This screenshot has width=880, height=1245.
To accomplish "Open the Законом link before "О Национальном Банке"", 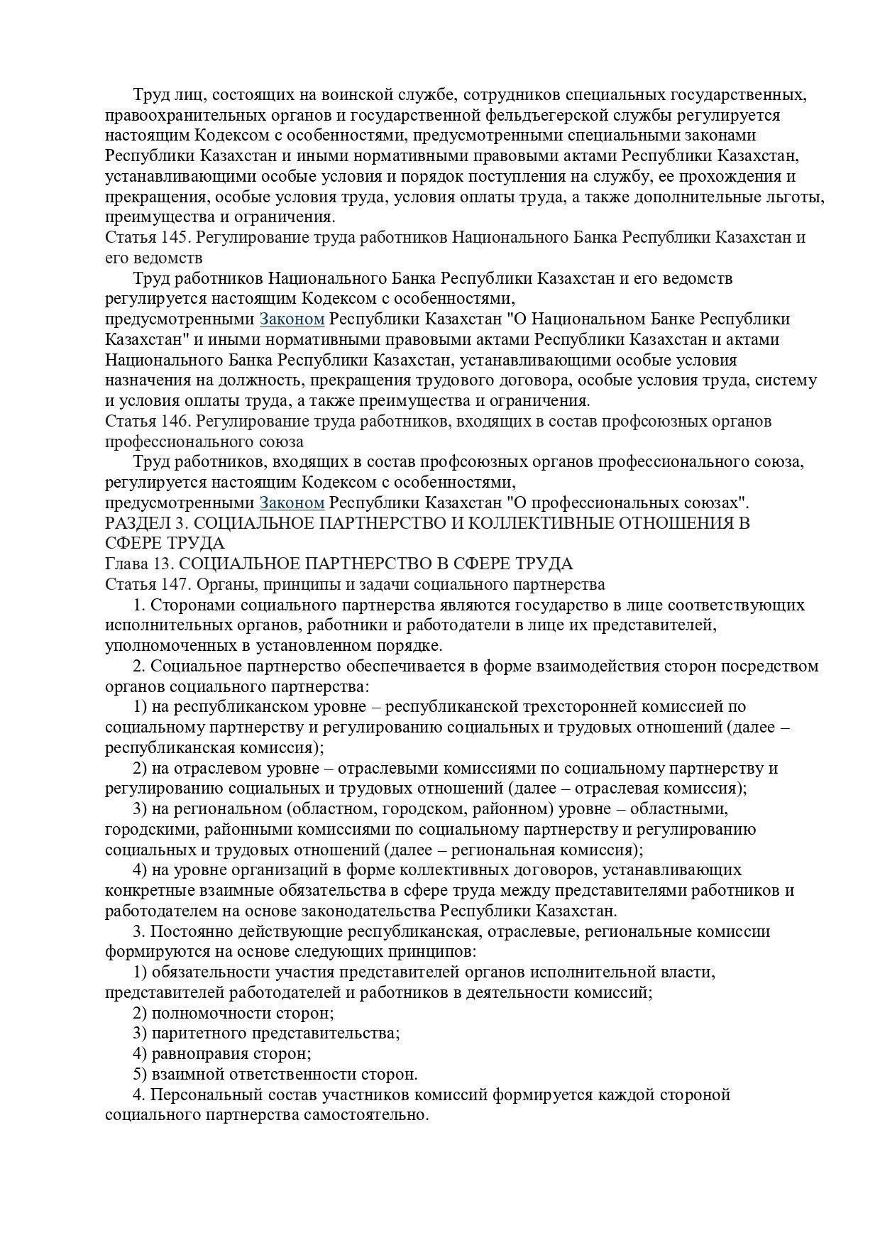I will pos(292,319).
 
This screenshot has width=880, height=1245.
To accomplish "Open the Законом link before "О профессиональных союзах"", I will pos(292,503).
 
